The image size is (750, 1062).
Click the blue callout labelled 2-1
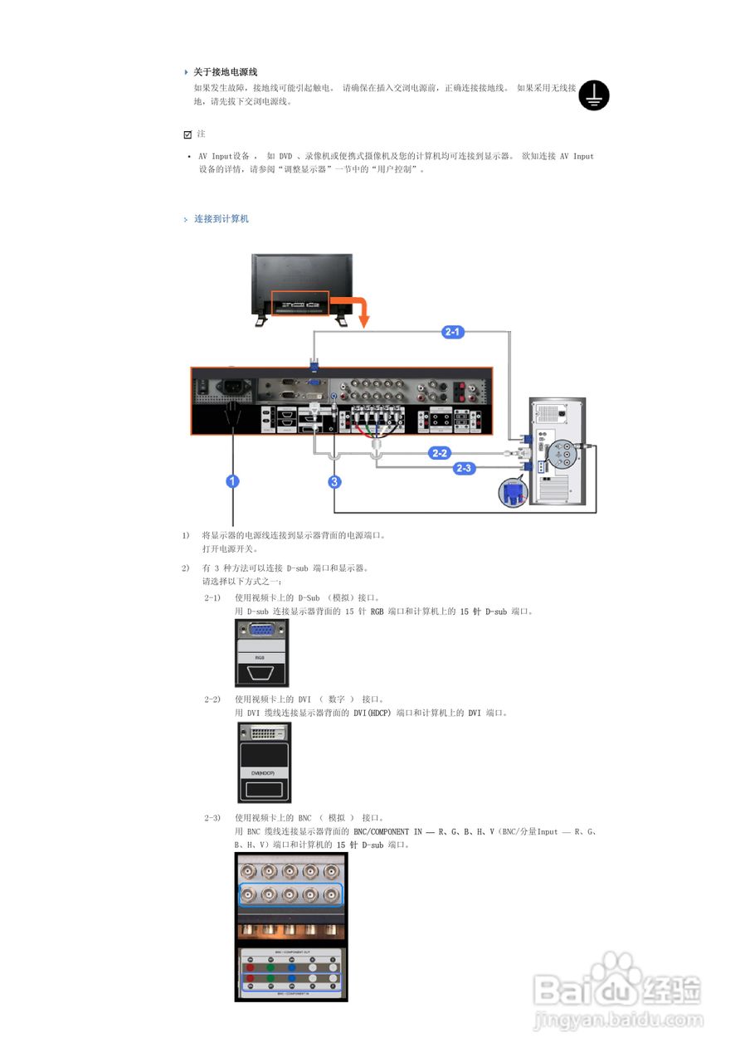coord(453,332)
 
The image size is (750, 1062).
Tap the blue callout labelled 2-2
coord(440,453)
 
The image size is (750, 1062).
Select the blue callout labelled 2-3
coord(464,468)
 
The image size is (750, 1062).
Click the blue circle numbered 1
coord(234,481)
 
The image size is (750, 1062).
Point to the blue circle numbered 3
coord(334,481)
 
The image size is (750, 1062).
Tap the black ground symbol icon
coord(593,95)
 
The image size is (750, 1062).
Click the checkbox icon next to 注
coord(187,134)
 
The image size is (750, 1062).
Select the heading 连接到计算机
coord(222,219)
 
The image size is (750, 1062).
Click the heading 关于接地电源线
coord(226,72)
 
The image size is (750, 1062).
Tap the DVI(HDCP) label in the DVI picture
coord(263,772)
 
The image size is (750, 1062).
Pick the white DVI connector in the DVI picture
coord(264,733)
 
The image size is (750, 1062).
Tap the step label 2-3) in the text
coord(212,817)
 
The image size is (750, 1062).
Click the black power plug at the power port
coord(234,412)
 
